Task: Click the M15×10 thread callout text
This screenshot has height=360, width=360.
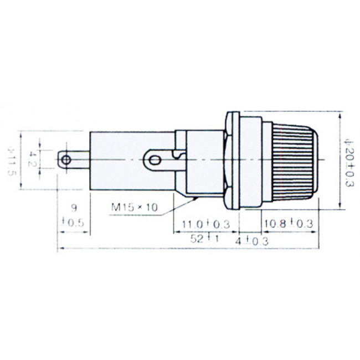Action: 135,207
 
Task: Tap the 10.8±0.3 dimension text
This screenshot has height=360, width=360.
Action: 287,224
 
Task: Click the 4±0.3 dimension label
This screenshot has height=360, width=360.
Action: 252,241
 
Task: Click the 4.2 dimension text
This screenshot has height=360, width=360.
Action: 33,161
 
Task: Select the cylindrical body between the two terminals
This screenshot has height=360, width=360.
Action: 116,161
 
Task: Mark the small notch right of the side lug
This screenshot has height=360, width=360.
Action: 177,157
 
